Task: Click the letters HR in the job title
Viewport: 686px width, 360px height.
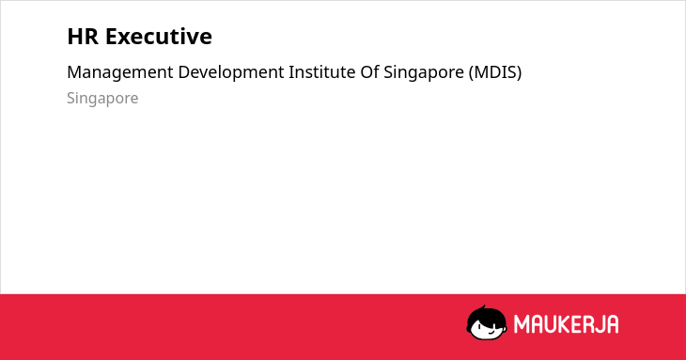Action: pyautogui.click(x=83, y=37)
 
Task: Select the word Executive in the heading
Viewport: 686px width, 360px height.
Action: pyautogui.click(x=159, y=37)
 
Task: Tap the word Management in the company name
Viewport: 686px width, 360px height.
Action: pyautogui.click(x=120, y=72)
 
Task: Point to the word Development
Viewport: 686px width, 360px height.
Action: pyautogui.click(x=231, y=72)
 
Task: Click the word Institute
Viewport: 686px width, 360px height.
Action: pyautogui.click(x=322, y=72)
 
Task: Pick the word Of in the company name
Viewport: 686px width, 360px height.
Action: pyautogui.click(x=369, y=72)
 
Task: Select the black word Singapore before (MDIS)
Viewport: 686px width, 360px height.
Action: pyautogui.click(x=424, y=72)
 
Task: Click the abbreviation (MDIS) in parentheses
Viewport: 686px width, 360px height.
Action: pyautogui.click(x=495, y=72)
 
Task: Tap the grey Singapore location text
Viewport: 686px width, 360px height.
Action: pyautogui.click(x=102, y=99)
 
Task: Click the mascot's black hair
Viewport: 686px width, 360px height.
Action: pyautogui.click(x=486, y=316)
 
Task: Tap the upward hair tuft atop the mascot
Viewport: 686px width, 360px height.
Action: pyautogui.click(x=484, y=307)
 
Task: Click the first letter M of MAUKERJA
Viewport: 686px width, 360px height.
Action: pyautogui.click(x=522, y=324)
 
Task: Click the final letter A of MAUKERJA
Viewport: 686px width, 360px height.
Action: pyautogui.click(x=612, y=324)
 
